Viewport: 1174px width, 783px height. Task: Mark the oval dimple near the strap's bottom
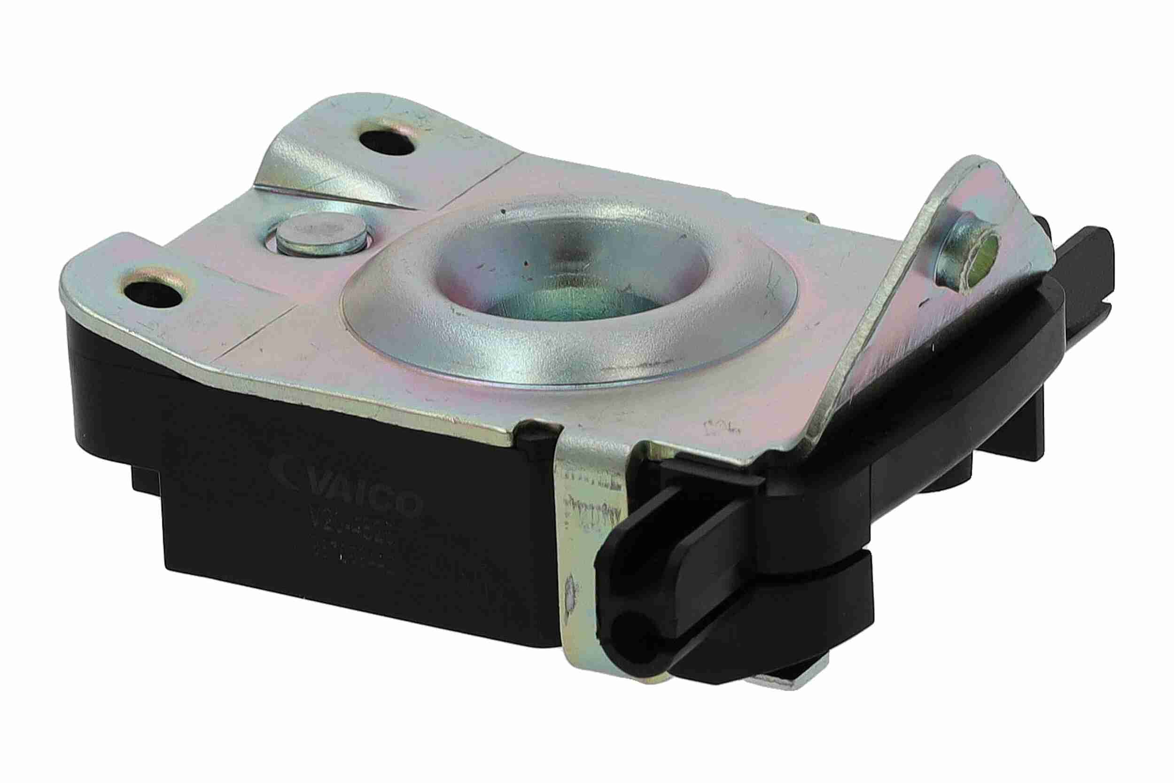click(569, 599)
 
